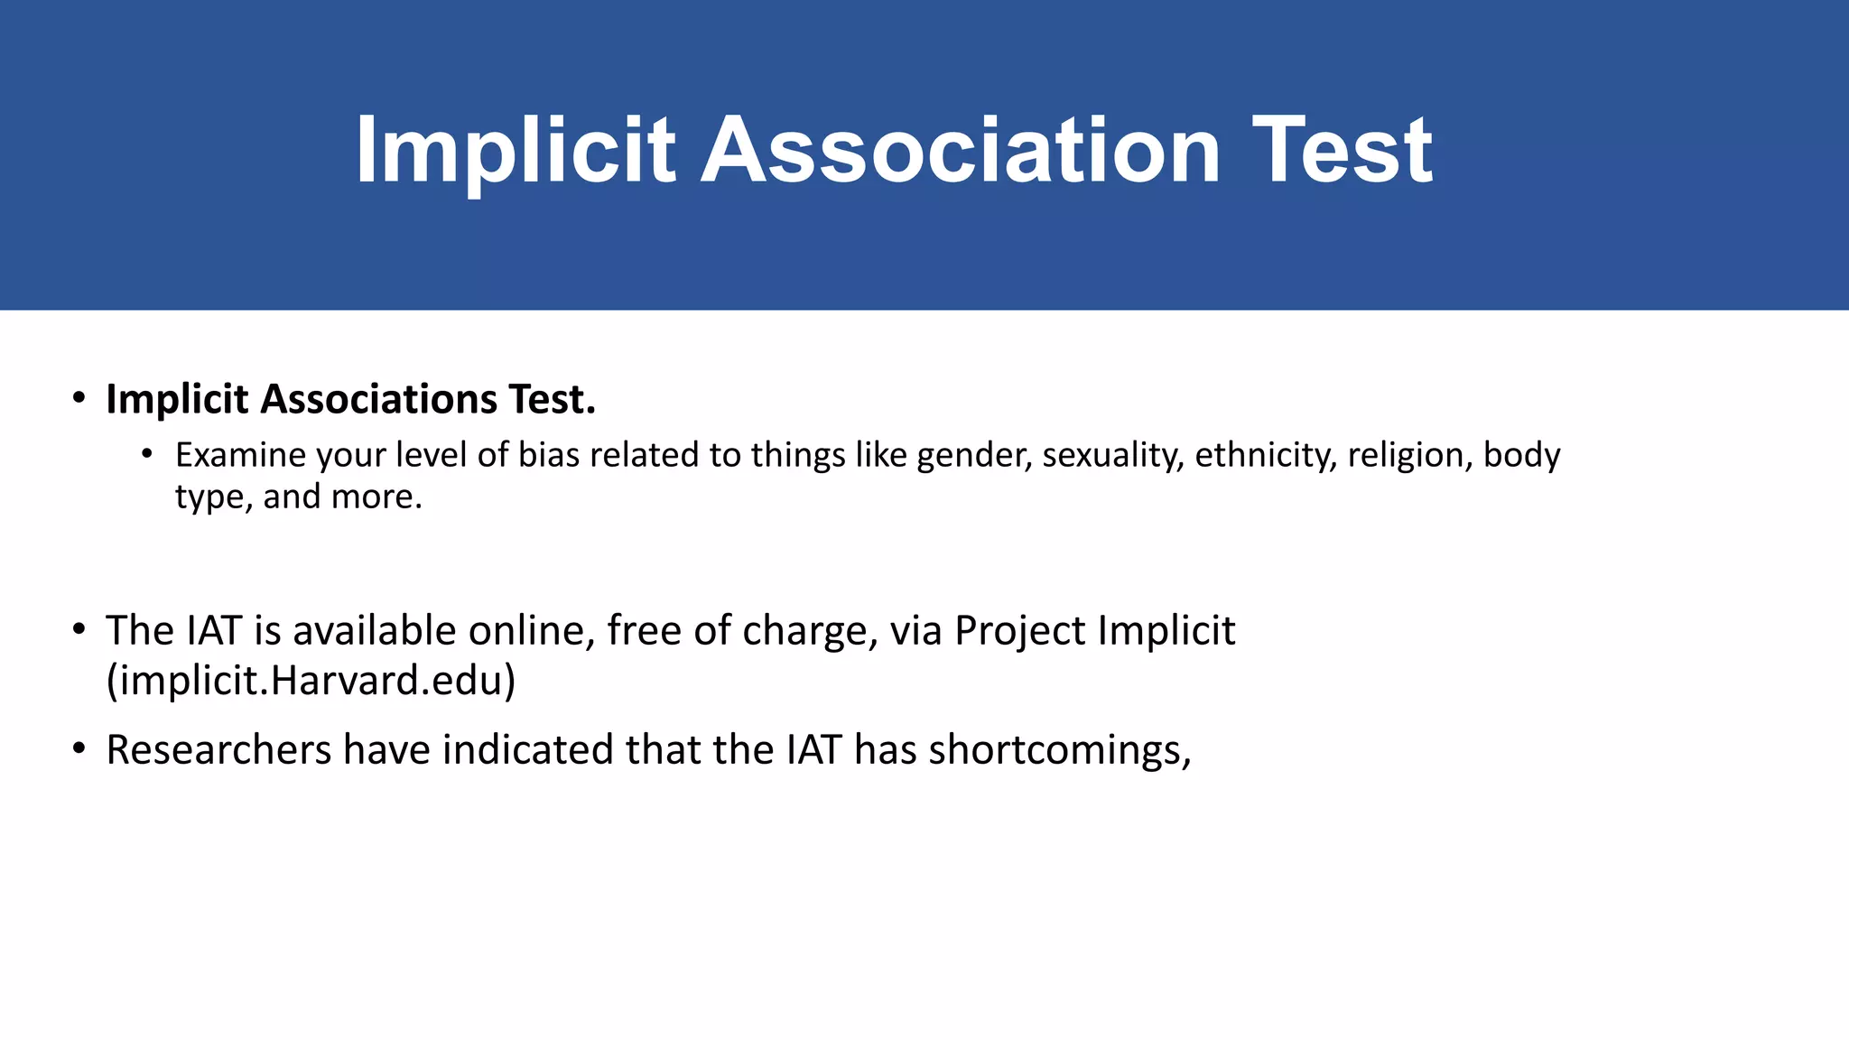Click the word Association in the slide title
coord(961,150)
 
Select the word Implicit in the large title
coord(515,150)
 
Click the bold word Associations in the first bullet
coord(378,399)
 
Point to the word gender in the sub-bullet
coord(973,455)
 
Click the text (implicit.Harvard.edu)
coord(311,681)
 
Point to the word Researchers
coord(218,750)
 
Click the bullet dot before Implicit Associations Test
coord(79,398)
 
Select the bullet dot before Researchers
coord(79,748)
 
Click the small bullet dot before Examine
coord(147,453)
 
